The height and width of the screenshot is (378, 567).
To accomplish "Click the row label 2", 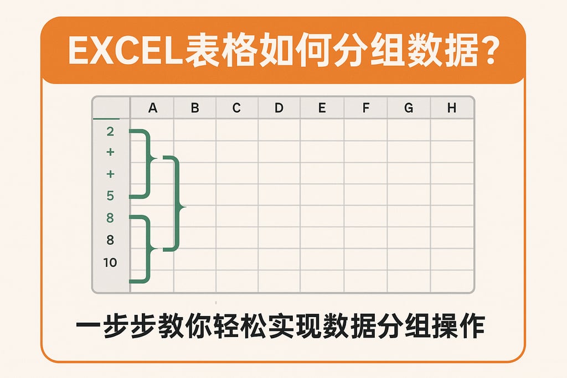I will coord(110,132).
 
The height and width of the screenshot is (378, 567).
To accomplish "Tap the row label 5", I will coord(110,196).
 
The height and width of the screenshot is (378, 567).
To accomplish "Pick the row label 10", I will coord(110,262).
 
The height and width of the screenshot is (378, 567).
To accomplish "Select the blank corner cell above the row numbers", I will coord(111,108).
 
